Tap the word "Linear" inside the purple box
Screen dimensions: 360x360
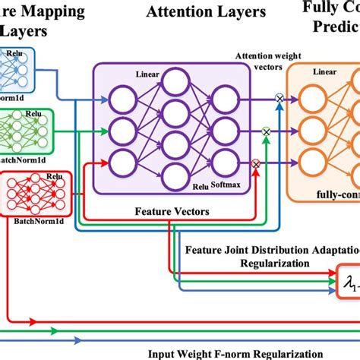click(x=148, y=74)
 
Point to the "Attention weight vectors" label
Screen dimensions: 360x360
click(x=257, y=62)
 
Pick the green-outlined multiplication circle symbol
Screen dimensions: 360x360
click(x=266, y=131)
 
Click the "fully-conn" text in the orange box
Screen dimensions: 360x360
click(x=335, y=194)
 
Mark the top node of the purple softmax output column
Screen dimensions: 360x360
click(x=226, y=98)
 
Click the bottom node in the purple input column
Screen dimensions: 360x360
click(x=122, y=161)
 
